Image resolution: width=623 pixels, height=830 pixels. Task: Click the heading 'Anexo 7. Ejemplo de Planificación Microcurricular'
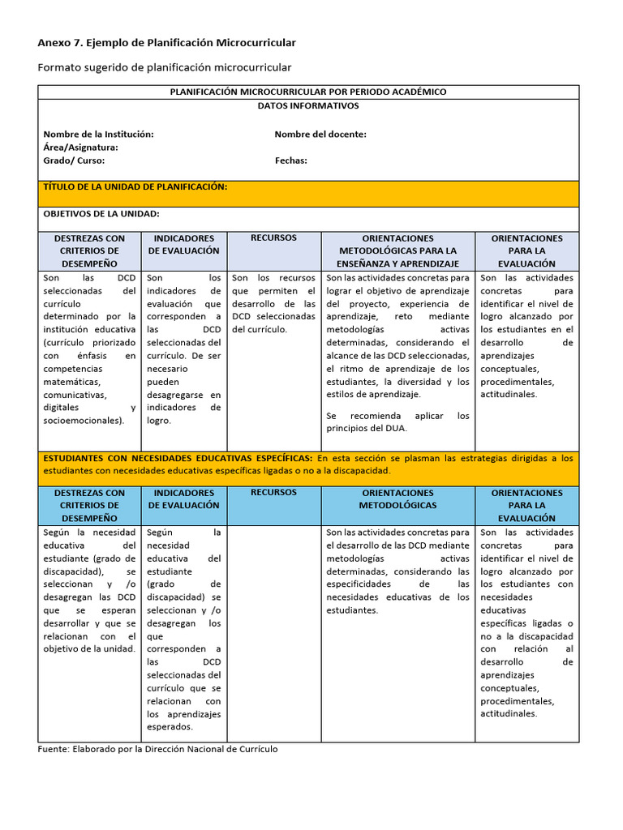point(167,42)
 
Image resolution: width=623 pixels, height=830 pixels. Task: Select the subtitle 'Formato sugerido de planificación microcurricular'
point(165,67)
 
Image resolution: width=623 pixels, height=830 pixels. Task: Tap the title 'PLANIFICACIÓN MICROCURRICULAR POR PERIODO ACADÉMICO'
point(308,92)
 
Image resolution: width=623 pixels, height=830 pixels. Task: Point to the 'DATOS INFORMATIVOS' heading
point(308,105)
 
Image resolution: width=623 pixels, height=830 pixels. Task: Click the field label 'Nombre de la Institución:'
point(99,134)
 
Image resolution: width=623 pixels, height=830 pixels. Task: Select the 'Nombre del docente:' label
point(320,134)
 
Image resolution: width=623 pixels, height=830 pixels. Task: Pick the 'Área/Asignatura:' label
point(81,147)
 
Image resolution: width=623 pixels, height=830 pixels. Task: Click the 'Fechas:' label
point(291,160)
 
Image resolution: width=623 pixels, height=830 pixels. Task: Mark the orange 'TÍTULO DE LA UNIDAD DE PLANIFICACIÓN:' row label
point(135,186)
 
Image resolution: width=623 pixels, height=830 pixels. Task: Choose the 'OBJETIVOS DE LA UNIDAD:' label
point(101,213)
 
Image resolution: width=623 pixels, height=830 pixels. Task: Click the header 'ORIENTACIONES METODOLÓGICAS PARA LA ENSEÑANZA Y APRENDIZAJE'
point(397,250)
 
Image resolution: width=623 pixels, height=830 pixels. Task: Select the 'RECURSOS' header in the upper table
point(273,237)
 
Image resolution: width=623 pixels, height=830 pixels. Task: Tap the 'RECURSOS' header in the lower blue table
point(273,492)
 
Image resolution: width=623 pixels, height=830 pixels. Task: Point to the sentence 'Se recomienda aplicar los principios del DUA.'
point(397,421)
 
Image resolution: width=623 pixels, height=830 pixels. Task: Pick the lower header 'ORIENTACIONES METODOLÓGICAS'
point(397,498)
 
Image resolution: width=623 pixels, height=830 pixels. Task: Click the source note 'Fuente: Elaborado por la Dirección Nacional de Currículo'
point(158,749)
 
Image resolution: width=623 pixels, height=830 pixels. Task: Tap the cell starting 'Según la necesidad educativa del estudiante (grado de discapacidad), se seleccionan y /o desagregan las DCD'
point(89,590)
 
